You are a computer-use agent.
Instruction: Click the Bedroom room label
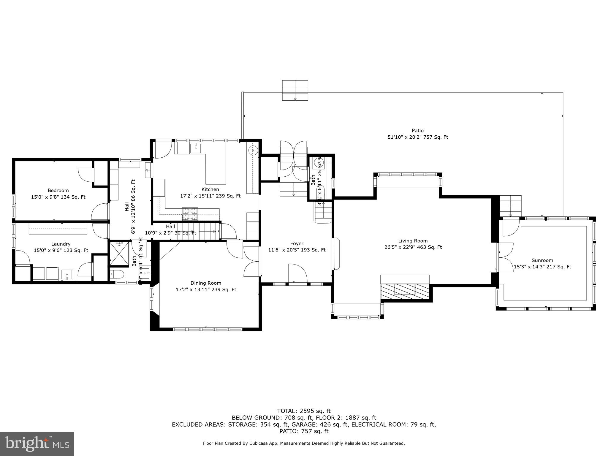(x=58, y=190)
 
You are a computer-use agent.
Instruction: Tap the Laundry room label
(x=61, y=244)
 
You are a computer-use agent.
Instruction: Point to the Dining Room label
(x=206, y=283)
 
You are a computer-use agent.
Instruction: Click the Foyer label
(x=297, y=243)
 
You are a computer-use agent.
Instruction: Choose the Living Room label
(x=413, y=241)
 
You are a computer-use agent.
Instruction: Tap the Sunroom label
(x=542, y=260)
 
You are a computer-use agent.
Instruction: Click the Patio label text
(x=417, y=130)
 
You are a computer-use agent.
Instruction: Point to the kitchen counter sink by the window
(x=196, y=148)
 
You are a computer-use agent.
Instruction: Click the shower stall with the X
(x=119, y=253)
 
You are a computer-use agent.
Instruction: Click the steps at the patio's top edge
(x=295, y=90)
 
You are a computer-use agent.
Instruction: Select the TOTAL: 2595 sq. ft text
(x=304, y=411)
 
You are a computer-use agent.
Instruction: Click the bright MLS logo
(x=37, y=444)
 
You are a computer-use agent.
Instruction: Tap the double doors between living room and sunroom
(x=506, y=257)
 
